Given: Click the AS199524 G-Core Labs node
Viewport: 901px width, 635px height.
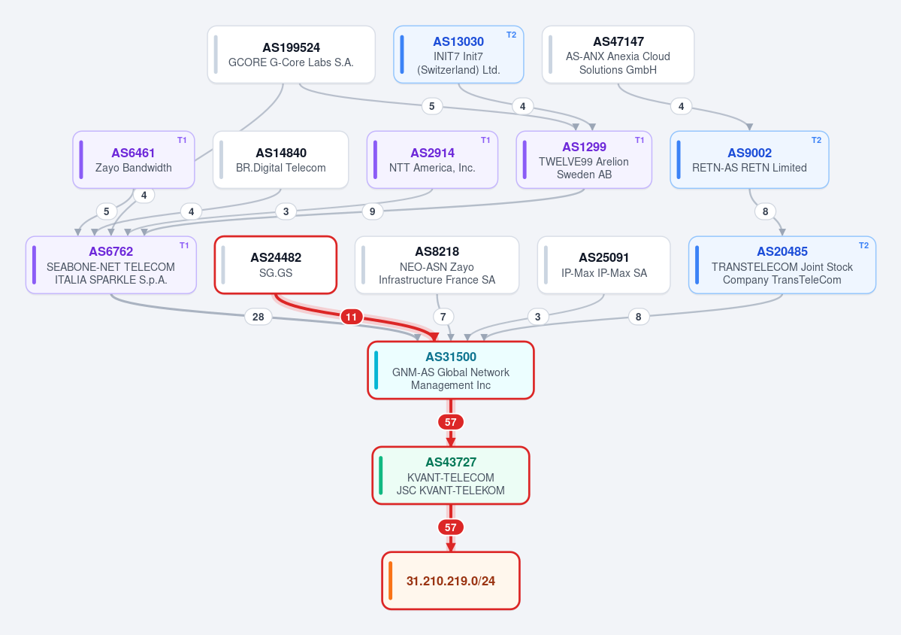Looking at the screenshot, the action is pyautogui.click(x=292, y=55).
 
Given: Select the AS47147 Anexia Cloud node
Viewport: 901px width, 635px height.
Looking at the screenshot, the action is pyautogui.click(x=618, y=55).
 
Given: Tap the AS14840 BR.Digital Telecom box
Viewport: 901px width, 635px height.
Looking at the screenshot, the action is pyautogui.click(x=280, y=160).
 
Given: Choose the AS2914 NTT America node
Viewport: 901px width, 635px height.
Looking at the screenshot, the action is pyautogui.click(x=432, y=160).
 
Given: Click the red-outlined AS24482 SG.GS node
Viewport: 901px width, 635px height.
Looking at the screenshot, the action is pyautogui.click(x=276, y=265).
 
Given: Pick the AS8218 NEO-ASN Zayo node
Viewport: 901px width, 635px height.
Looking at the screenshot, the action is pyautogui.click(x=437, y=265).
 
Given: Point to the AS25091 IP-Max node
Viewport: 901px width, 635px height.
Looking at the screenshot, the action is pyautogui.click(x=604, y=265).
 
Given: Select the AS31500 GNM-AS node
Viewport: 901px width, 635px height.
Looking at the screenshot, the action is pyautogui.click(x=451, y=370).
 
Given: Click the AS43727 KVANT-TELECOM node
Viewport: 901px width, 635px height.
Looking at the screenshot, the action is pyautogui.click(x=451, y=475).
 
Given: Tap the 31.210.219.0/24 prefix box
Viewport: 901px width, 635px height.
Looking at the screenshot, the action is pyautogui.click(x=451, y=581).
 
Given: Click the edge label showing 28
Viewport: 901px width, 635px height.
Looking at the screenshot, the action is pyautogui.click(x=259, y=317).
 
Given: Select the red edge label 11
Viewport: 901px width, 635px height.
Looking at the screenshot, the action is pyautogui.click(x=351, y=317).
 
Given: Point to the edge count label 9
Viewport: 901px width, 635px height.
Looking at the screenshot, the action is pyautogui.click(x=373, y=211).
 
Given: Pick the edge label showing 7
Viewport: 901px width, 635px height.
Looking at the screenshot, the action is pyautogui.click(x=443, y=317).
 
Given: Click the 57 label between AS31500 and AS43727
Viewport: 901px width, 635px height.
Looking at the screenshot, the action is pyautogui.click(x=451, y=422).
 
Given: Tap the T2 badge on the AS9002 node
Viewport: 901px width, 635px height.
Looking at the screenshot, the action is pyautogui.click(x=817, y=141).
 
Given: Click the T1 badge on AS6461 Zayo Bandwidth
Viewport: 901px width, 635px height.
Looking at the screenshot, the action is pyautogui.click(x=182, y=141).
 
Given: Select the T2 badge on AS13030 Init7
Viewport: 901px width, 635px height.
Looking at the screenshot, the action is pyautogui.click(x=512, y=35).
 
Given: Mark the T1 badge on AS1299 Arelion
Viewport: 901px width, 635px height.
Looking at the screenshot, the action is pyautogui.click(x=639, y=141).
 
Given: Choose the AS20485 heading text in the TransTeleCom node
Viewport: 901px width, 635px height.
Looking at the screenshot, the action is pyautogui.click(x=782, y=251).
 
